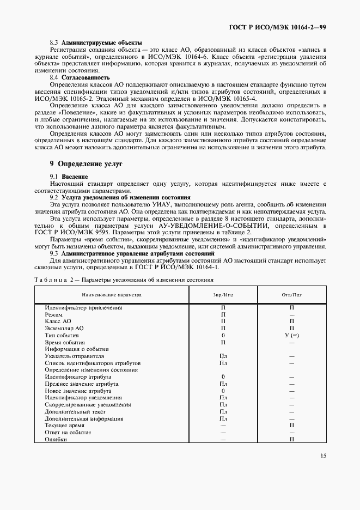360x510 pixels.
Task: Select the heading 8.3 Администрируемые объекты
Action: tap(96, 42)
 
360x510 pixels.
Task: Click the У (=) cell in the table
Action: tap(291, 335)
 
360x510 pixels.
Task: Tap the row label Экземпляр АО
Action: tap(64, 328)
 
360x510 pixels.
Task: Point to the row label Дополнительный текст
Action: tap(75, 411)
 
